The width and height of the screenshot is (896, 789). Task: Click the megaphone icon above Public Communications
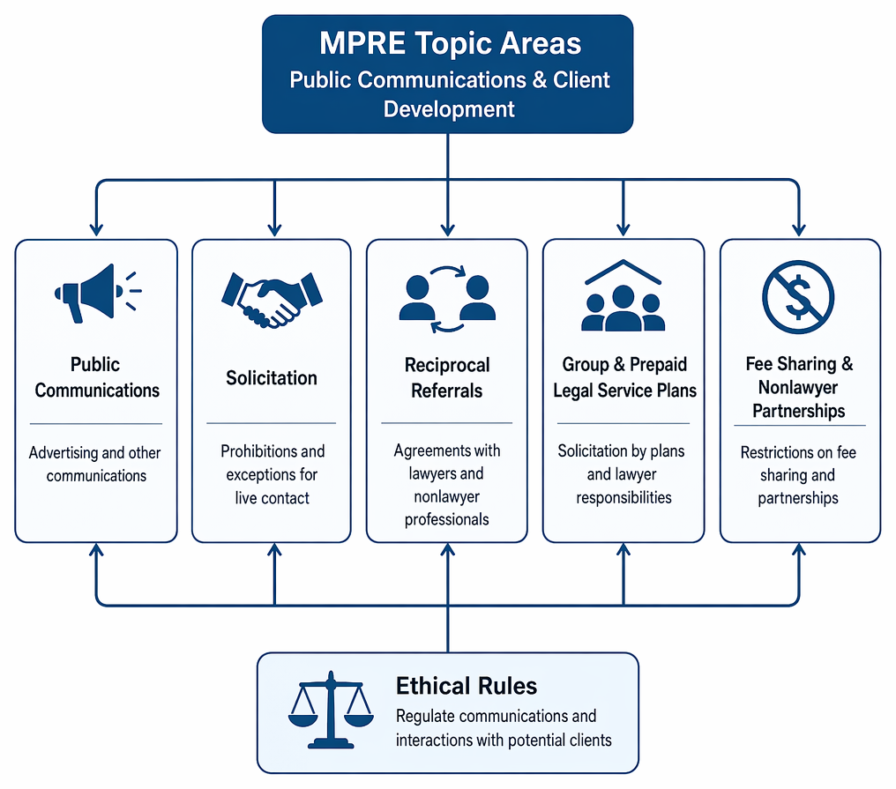[x=97, y=293]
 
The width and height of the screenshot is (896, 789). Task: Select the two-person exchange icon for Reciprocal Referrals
[x=447, y=299]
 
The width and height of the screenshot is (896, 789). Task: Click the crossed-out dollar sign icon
[x=798, y=297]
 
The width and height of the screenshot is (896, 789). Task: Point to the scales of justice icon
[x=331, y=710]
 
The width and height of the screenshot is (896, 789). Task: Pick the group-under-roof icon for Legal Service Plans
[x=623, y=295]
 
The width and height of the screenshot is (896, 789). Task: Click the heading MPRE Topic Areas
[x=451, y=43]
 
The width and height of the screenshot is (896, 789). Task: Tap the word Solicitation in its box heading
[x=272, y=377]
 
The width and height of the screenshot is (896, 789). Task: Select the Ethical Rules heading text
[x=467, y=686]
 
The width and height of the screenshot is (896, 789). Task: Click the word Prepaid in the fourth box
[x=658, y=364]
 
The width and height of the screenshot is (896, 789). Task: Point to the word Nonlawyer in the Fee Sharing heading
[x=798, y=387]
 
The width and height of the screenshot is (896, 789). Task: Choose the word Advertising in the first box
[x=63, y=453]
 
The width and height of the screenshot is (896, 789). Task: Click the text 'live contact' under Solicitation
[x=272, y=498]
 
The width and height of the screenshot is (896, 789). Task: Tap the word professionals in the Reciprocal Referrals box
[x=447, y=519]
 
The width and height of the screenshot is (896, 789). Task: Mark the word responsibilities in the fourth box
[x=624, y=497]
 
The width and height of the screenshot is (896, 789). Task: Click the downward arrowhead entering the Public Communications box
[x=97, y=229]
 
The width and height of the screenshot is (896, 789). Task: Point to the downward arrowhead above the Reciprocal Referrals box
[x=448, y=229]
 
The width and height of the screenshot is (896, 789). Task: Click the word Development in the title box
[x=449, y=109]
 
